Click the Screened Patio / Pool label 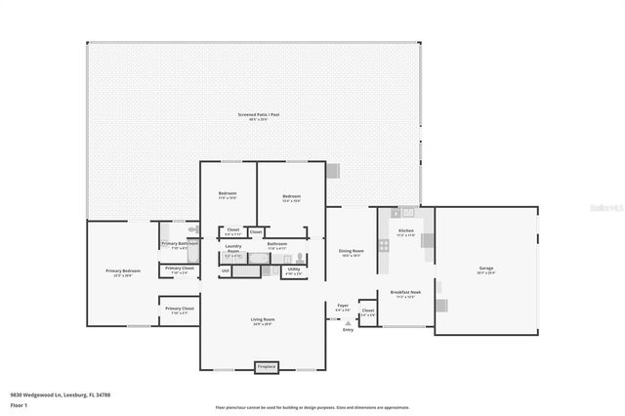(x=258, y=115)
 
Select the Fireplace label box (x=266, y=367)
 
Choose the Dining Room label (x=351, y=250)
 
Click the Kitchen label (x=405, y=230)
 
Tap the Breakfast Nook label (x=405, y=292)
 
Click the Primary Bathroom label (x=181, y=243)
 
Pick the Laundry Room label (x=232, y=248)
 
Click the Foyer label (x=343, y=306)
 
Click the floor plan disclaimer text (x=312, y=407)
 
